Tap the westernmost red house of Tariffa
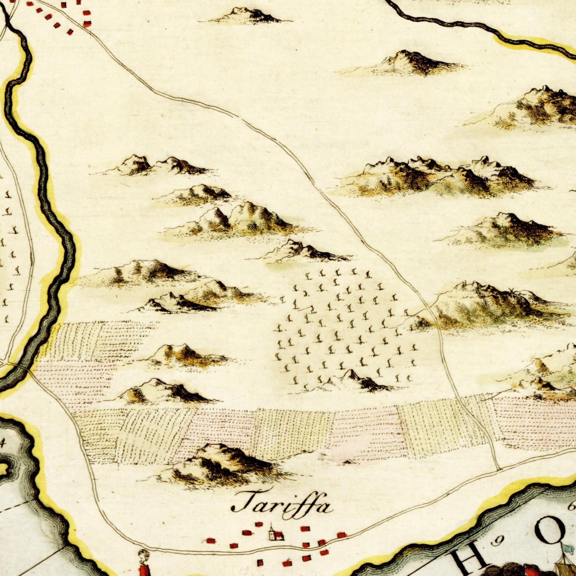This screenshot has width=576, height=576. click(210, 541)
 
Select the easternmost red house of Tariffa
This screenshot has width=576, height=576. click(341, 535)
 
